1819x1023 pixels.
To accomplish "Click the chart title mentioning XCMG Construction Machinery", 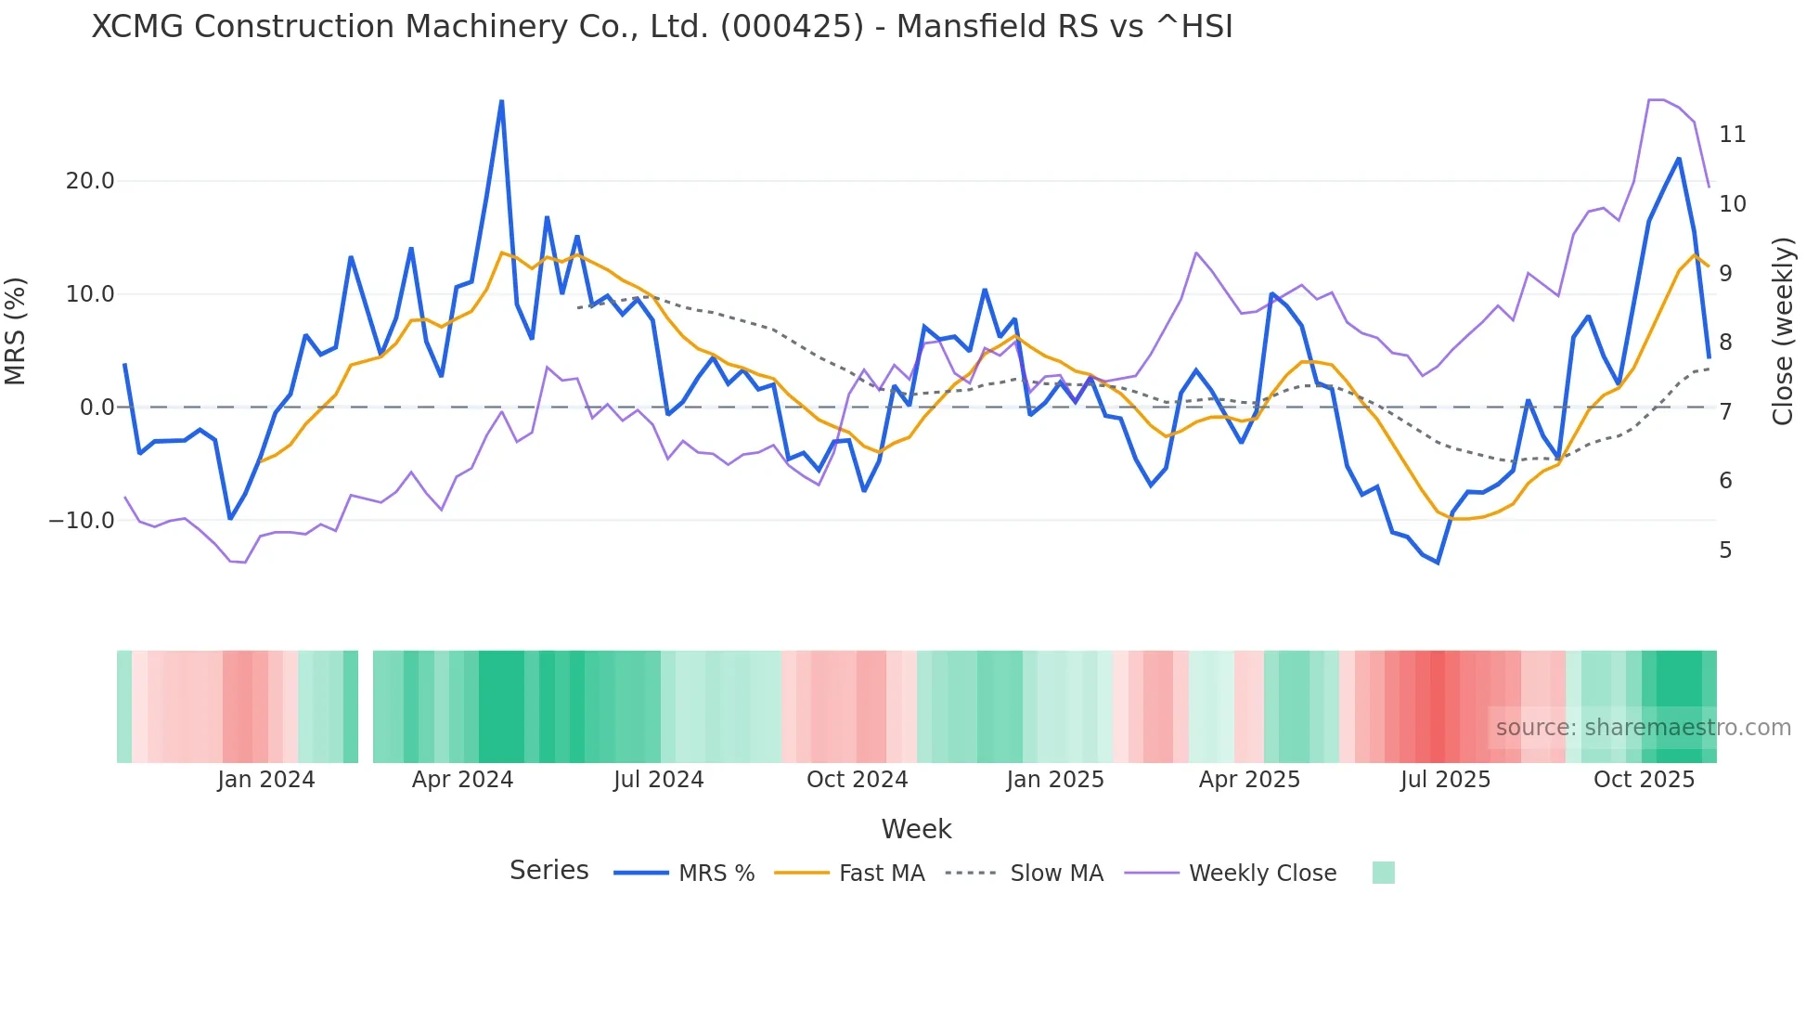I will click(x=662, y=27).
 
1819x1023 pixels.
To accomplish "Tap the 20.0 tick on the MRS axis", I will click(x=90, y=181).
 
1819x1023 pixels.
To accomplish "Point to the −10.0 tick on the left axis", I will click(x=82, y=521).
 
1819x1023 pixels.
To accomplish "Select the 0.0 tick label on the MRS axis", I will click(x=97, y=408).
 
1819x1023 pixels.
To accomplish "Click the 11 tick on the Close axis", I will click(x=1732, y=135).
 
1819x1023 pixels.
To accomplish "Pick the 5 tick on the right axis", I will click(x=1725, y=550).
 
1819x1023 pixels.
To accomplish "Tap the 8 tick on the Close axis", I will click(x=1725, y=343).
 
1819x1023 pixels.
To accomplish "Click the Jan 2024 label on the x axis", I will click(x=266, y=780).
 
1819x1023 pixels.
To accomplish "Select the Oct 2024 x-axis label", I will click(x=857, y=780).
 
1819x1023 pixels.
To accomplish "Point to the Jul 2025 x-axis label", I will click(x=1445, y=780).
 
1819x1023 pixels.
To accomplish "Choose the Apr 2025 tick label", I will click(x=1249, y=780).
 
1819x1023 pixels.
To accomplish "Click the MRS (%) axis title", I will click(x=16, y=330).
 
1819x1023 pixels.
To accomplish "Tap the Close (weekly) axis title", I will click(x=1783, y=331).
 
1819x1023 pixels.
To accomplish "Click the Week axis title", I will click(x=916, y=829).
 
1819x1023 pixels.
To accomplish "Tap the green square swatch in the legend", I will click(x=1383, y=873).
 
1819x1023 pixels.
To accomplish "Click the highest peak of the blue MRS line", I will click(x=502, y=101).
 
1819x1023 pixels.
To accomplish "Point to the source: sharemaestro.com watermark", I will click(x=1643, y=728).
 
